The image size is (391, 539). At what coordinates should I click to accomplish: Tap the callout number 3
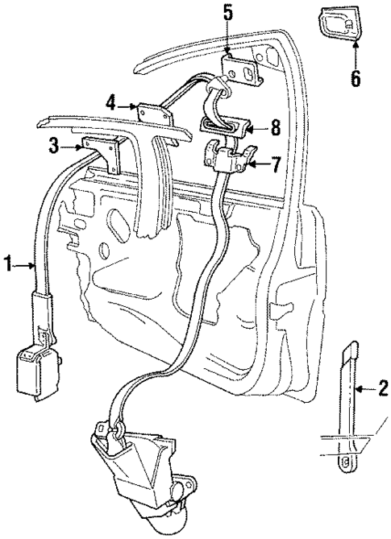point(54,146)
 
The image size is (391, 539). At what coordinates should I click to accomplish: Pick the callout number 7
point(276,165)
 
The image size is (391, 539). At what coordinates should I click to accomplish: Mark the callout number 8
point(276,126)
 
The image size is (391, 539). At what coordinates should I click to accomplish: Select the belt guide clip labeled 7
point(229,155)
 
